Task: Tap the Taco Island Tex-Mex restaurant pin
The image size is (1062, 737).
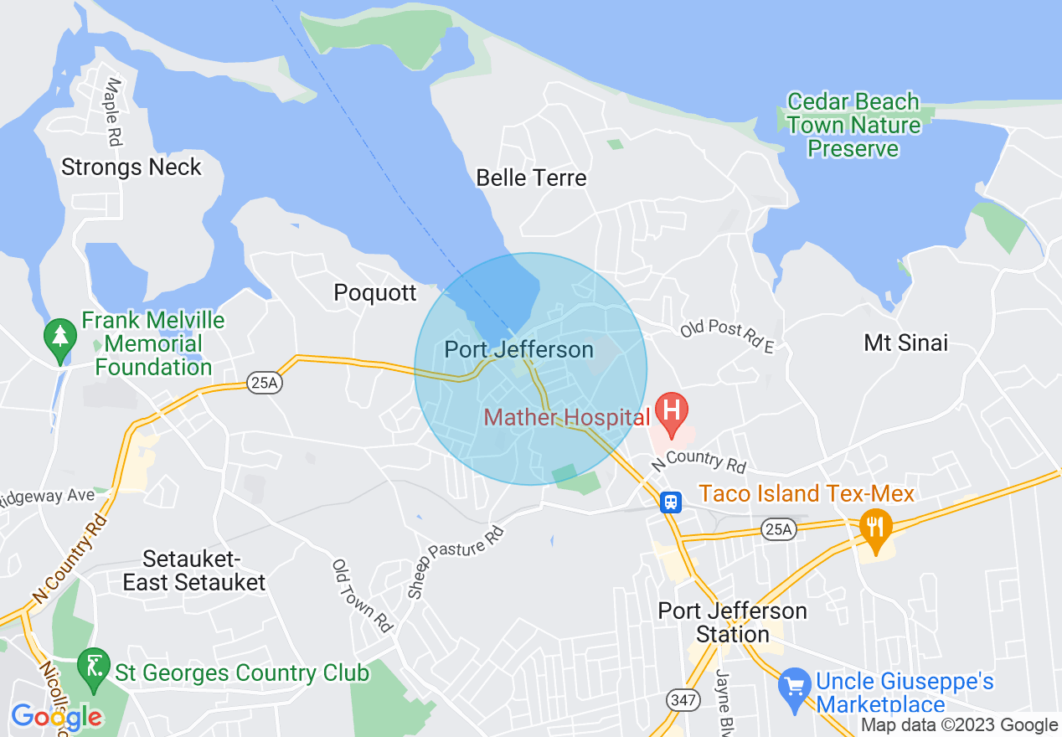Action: pos(875,528)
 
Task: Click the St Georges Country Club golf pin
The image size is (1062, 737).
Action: pos(94,667)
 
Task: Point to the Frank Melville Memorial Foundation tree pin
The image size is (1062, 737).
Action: pos(60,338)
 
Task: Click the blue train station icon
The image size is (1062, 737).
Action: pos(670,501)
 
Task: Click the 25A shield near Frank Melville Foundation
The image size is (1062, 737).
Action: pos(261,384)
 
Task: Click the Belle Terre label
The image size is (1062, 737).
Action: pos(531,178)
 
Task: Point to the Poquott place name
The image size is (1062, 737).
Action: pos(374,292)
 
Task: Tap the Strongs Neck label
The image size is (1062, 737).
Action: pos(131,167)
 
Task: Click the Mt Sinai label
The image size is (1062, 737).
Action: pos(905,343)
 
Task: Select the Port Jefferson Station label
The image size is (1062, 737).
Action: pos(732,622)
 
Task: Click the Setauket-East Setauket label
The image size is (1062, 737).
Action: pos(193,570)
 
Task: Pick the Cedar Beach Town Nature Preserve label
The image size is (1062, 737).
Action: pos(853,126)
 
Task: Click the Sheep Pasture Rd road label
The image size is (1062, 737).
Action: pos(456,562)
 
